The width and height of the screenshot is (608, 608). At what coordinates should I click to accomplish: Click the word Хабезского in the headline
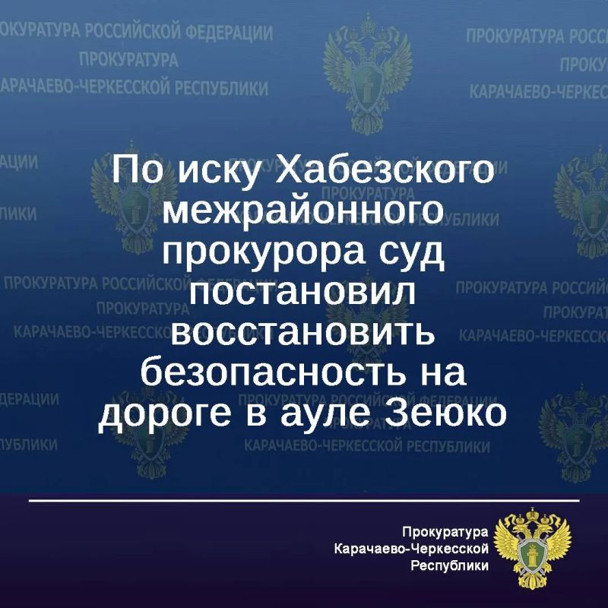point(385,169)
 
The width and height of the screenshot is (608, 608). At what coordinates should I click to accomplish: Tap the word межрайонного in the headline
point(302,213)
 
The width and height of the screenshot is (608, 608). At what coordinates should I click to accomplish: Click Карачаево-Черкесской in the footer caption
point(411,549)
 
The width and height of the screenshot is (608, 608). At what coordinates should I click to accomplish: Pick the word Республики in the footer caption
point(449,565)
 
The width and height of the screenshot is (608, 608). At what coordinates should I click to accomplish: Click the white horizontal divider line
point(304,501)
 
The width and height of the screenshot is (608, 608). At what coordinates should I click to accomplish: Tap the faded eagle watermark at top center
point(367,74)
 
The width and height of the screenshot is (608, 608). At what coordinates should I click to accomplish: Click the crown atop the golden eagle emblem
point(533,515)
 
